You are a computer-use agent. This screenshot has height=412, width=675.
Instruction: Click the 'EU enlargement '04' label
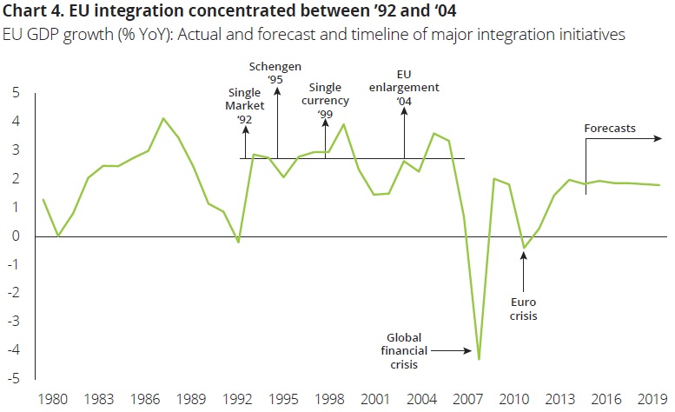click(403, 88)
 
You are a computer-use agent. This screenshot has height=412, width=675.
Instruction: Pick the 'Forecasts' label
click(610, 129)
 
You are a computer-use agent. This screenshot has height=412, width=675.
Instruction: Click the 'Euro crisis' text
click(523, 308)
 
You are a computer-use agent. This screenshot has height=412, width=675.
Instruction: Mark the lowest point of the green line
click(479, 358)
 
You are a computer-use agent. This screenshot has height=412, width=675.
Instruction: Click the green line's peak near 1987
click(163, 118)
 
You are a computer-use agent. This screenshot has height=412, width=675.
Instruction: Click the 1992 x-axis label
click(238, 401)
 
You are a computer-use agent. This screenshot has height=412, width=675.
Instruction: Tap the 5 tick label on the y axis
click(13, 94)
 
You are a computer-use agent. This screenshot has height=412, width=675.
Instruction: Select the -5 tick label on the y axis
click(11, 380)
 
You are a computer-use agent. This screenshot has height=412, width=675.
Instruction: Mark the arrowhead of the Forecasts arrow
click(660, 137)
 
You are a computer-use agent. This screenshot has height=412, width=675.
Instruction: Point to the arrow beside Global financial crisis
click(452, 351)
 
